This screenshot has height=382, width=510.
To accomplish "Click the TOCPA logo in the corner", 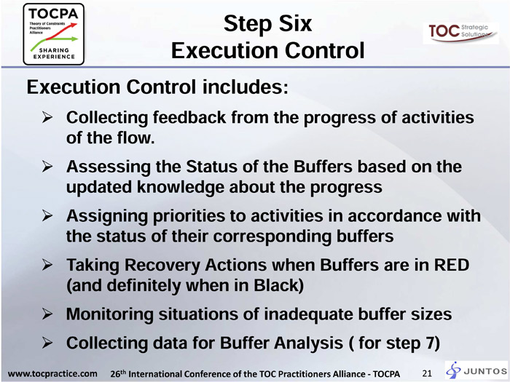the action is pos(54,34).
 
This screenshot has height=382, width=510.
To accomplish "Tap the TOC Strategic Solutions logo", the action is pos(460,33).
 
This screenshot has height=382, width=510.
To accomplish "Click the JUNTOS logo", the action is pos(476,370).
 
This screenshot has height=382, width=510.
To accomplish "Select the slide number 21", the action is pos(427,373).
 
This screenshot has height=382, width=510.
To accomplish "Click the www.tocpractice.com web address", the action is pos(52,373).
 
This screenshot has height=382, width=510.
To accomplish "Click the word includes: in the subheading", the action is pos(246,87).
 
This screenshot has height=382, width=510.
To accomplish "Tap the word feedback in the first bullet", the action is pos(189,117).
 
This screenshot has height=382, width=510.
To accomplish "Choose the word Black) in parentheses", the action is pos(279,285).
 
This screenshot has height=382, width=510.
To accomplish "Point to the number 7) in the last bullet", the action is pos(433,343).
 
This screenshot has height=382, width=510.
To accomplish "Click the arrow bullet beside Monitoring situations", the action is pos(47,314).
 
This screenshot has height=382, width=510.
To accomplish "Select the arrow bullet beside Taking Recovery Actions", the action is pos(47,265).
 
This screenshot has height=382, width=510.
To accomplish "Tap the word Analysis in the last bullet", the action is pos(310,343).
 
